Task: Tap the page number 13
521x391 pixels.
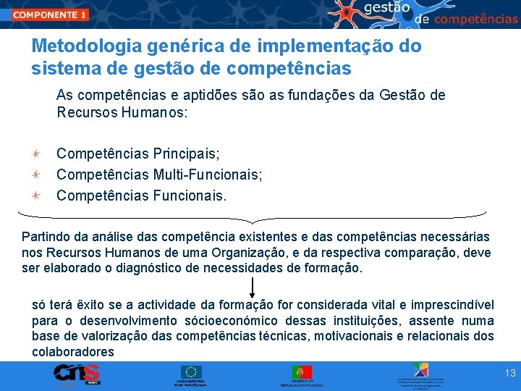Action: click(x=510, y=374)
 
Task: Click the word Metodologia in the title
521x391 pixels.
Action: click(x=86, y=46)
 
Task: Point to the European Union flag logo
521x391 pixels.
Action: click(x=192, y=372)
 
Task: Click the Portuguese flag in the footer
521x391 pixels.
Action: click(x=302, y=372)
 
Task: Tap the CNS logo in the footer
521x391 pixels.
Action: click(x=76, y=374)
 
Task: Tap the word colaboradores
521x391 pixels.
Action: click(x=73, y=352)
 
